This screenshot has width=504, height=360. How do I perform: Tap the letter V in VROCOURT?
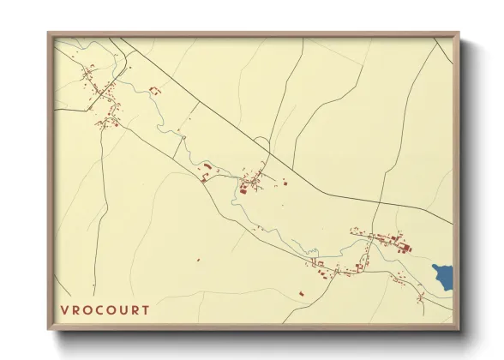65,309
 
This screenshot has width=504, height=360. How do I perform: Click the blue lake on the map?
444,274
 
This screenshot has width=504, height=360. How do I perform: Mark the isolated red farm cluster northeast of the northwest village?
155,88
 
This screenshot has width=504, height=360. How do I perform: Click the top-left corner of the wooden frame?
48,32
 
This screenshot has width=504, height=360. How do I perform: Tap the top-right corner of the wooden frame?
460,32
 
